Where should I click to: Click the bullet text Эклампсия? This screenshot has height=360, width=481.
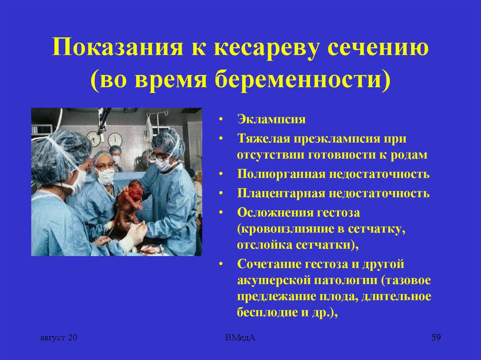[x=271, y=119]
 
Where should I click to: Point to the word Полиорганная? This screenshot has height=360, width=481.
[x=281, y=174]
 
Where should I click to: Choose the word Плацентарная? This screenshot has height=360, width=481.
[x=281, y=193]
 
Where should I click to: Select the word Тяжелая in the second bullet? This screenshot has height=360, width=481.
[x=264, y=138]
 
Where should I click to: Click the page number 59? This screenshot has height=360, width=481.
[x=436, y=337]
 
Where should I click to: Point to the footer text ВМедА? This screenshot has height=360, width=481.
[x=240, y=337]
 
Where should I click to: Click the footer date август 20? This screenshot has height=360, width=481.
[x=59, y=337]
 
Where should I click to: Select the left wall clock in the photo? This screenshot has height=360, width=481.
[x=93, y=139]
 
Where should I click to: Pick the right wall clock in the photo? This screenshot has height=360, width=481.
[x=115, y=140]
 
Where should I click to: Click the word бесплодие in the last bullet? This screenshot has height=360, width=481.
[x=266, y=312]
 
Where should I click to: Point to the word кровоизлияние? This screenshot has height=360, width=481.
[x=286, y=229]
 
